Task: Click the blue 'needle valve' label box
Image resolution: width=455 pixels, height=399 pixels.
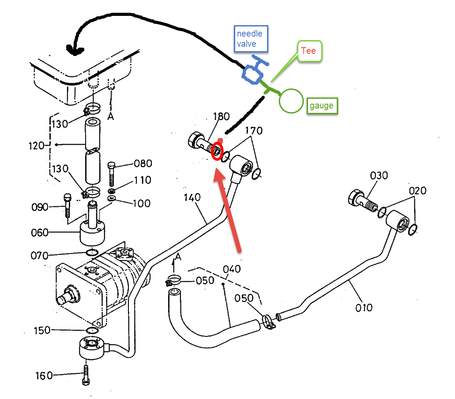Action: click(x=251, y=39)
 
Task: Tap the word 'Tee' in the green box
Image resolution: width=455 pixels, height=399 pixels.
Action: click(x=308, y=51)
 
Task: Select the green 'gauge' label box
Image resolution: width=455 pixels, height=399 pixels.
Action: click(x=322, y=105)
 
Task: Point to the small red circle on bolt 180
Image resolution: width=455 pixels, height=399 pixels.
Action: click(x=217, y=151)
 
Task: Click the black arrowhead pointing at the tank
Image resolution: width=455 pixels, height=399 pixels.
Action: click(x=75, y=50)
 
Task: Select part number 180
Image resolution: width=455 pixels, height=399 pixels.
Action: click(x=222, y=116)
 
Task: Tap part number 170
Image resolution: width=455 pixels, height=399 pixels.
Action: click(x=254, y=131)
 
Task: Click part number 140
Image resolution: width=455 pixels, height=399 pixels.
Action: click(x=192, y=198)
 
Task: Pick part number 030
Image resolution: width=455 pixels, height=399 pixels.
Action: click(x=379, y=176)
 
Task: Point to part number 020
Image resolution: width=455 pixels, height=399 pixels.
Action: click(x=417, y=191)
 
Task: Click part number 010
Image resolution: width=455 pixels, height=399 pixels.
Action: click(x=364, y=308)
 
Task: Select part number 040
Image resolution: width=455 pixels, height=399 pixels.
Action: click(x=232, y=269)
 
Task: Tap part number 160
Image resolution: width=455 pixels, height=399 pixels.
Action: click(x=44, y=376)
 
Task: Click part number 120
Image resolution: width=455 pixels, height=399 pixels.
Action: click(x=36, y=145)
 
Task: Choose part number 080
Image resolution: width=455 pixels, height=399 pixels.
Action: click(x=143, y=164)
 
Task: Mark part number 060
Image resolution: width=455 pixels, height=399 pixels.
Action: click(x=40, y=232)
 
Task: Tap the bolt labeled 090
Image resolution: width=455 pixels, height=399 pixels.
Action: click(x=68, y=205)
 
